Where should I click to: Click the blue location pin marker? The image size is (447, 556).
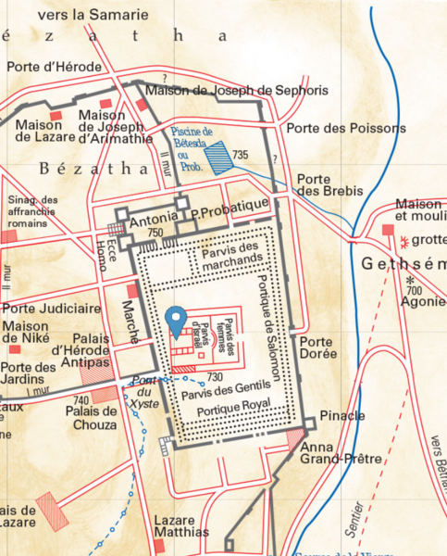pyautogui.click(x=176, y=323)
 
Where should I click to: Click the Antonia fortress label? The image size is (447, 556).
pyautogui.click(x=153, y=222)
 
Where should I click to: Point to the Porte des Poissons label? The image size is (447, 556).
pyautogui.click(x=334, y=128)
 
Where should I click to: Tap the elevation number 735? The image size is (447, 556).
pyautogui.click(x=242, y=153)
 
